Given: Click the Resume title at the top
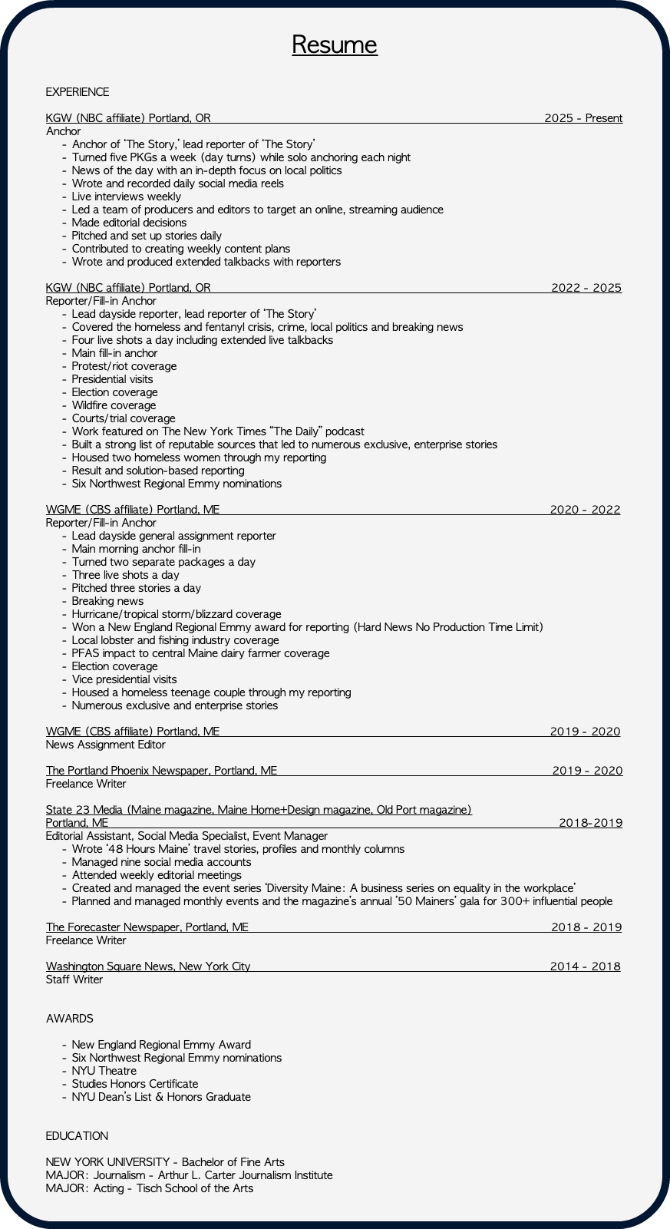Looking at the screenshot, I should point(335,45).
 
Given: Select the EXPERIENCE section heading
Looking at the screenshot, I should point(78,92).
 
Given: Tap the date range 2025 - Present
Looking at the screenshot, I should point(583,118).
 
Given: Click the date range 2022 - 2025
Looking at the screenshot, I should point(586,288).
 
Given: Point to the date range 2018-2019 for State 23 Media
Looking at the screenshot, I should point(590,823).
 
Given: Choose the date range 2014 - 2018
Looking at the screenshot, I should point(585,966).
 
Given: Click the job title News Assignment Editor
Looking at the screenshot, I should point(105,745).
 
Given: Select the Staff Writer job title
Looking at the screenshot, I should point(74,980).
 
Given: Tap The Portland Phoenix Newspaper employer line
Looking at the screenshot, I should point(161,771).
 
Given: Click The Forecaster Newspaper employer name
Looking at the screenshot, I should point(147,927).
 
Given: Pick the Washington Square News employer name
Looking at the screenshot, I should point(148,966).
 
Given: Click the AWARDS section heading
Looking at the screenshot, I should point(70,1019).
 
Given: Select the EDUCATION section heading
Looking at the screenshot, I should point(77,1136).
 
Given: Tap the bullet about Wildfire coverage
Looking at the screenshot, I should point(114,405).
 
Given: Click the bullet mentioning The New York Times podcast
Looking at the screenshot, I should point(218,431).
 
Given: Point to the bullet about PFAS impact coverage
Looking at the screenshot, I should point(200,653).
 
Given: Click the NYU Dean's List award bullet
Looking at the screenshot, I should point(161,1097).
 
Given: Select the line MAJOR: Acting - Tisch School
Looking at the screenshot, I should point(149,1188).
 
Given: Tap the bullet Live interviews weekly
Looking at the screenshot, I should point(127,197).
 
